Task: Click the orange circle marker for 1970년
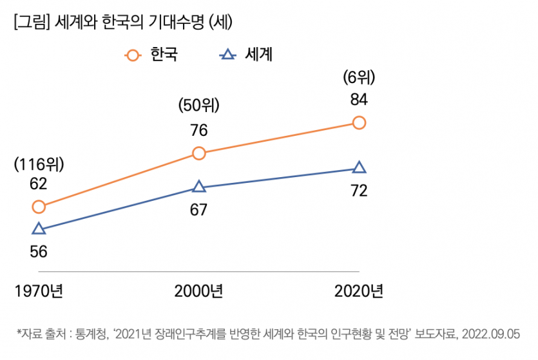pyautogui.click(x=39, y=207)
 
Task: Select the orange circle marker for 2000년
pyautogui.click(x=199, y=153)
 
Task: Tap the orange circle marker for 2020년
pyautogui.click(x=360, y=122)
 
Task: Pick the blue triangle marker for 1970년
pyautogui.click(x=39, y=229)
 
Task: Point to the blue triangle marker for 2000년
pyautogui.click(x=199, y=187)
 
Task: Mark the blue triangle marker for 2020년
pyautogui.click(x=360, y=168)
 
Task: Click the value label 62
pyautogui.click(x=39, y=184)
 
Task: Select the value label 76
pyautogui.click(x=199, y=130)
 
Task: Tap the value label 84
pyautogui.click(x=360, y=100)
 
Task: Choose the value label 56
pyautogui.click(x=39, y=252)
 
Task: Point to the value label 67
pyautogui.click(x=199, y=209)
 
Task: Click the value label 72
pyautogui.click(x=360, y=191)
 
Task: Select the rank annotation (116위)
pyautogui.click(x=39, y=164)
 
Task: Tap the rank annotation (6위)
pyautogui.click(x=360, y=78)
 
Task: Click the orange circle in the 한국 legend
pyautogui.click(x=133, y=55)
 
